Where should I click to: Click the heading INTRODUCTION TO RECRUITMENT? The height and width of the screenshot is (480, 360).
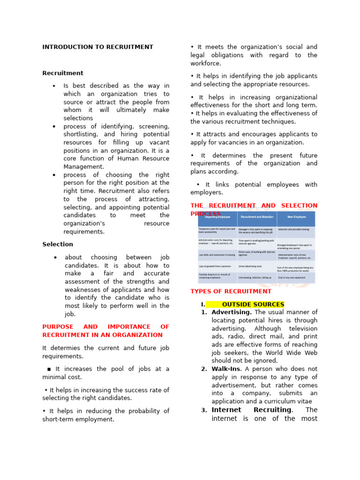click(x=97, y=47)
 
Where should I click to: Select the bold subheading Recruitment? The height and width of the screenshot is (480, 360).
click(x=63, y=73)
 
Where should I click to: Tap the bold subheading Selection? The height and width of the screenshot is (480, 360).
click(x=58, y=244)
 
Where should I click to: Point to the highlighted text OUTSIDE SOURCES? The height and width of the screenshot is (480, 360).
click(x=253, y=304)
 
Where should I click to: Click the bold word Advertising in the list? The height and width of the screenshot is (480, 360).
click(x=232, y=312)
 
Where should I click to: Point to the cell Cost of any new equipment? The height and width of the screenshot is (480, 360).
click(x=292, y=277)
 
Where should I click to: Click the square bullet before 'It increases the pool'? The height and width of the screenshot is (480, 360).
click(x=49, y=369)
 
